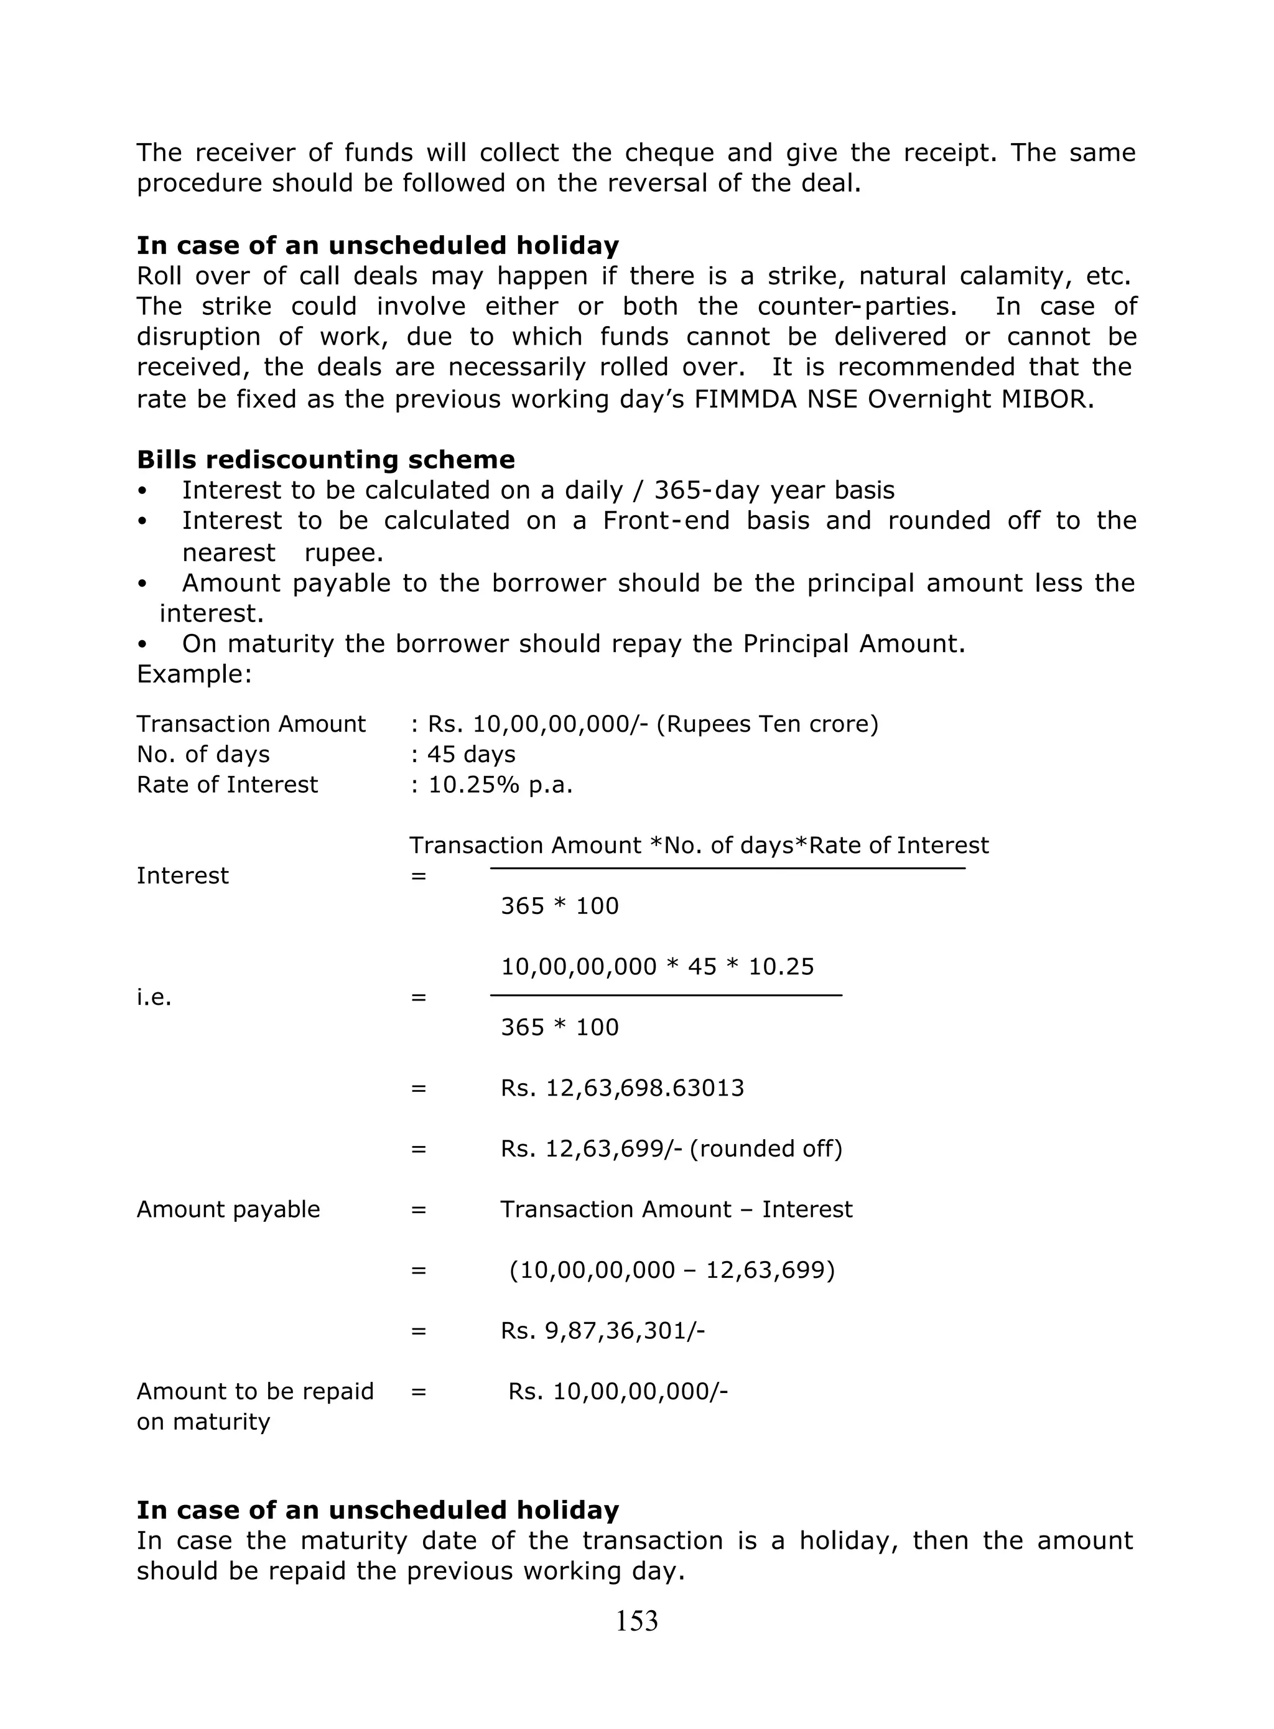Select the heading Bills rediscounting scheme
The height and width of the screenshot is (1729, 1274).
pos(325,460)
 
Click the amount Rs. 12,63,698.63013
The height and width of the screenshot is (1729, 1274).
pos(621,1088)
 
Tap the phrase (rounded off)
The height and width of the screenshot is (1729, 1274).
pos(765,1149)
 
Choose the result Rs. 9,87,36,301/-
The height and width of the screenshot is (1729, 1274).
pos(602,1331)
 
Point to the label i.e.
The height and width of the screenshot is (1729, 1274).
pos(154,998)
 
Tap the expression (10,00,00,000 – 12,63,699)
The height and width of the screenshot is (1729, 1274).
pos(672,1270)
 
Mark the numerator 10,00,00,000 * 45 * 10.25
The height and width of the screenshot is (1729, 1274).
pos(657,967)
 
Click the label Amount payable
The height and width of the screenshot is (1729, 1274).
pos(228,1209)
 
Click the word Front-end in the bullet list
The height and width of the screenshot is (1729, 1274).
pos(666,521)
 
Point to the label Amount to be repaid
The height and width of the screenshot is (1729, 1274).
pos(254,1391)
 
